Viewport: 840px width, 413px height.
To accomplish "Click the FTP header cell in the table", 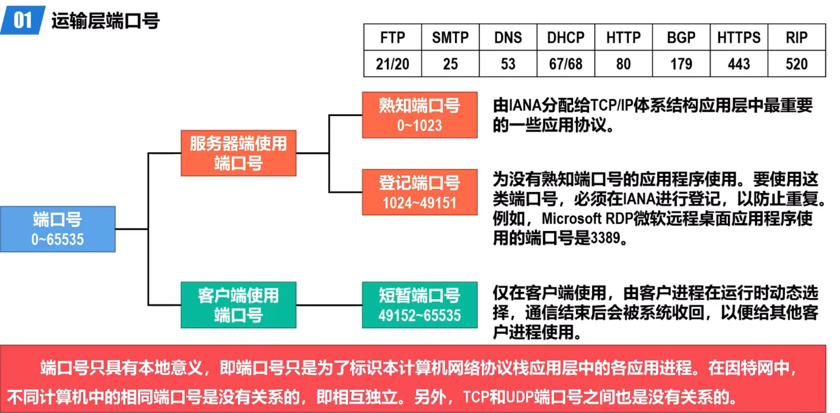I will point(392,38).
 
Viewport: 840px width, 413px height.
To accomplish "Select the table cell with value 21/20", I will point(392,64).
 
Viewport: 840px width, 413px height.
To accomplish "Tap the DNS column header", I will point(508,38).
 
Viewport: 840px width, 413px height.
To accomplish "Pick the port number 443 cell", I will point(739,64).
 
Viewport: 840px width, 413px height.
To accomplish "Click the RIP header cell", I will point(796,38).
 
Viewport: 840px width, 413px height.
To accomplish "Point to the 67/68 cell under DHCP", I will point(565,64).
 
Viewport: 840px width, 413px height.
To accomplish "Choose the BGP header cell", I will point(681,38).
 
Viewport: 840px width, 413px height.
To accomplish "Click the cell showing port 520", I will point(796,64).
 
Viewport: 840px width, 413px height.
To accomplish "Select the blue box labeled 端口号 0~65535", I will point(58,229).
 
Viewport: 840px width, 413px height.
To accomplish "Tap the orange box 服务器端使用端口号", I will point(238,153).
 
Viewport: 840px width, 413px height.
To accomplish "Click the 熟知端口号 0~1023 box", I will point(419,115).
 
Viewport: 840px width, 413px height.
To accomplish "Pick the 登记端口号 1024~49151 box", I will point(419,191).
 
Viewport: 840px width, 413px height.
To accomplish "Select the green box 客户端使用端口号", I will point(238,305).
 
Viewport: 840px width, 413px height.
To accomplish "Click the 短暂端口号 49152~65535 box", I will point(419,305).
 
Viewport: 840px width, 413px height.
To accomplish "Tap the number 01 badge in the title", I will point(23,21).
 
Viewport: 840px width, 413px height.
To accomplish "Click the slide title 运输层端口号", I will point(106,21).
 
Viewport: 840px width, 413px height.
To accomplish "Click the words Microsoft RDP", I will point(584,219).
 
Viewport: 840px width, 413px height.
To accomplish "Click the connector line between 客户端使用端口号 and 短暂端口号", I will point(329,305).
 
